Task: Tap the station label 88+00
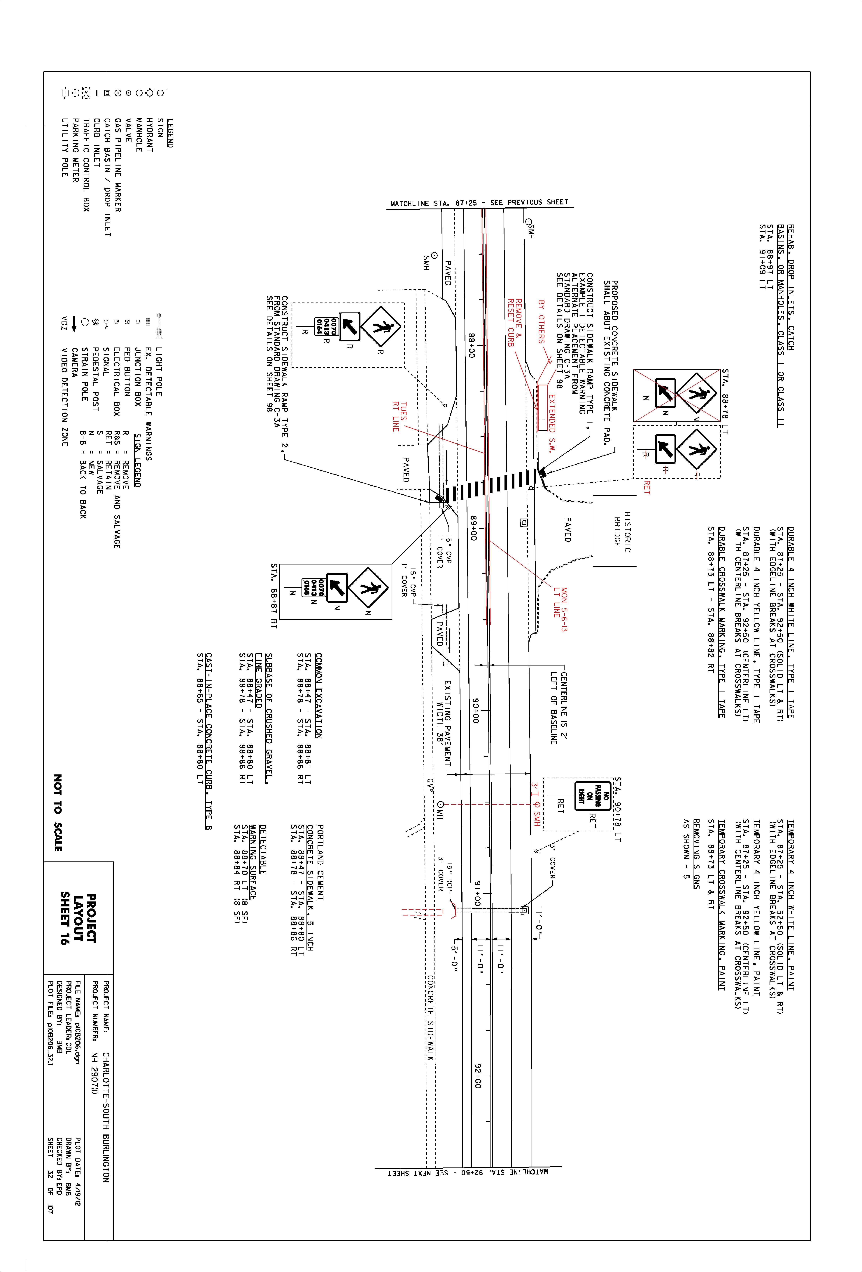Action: click(x=471, y=346)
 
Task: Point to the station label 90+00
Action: click(x=475, y=710)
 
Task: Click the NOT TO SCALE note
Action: click(x=58, y=812)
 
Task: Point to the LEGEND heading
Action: click(x=170, y=133)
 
